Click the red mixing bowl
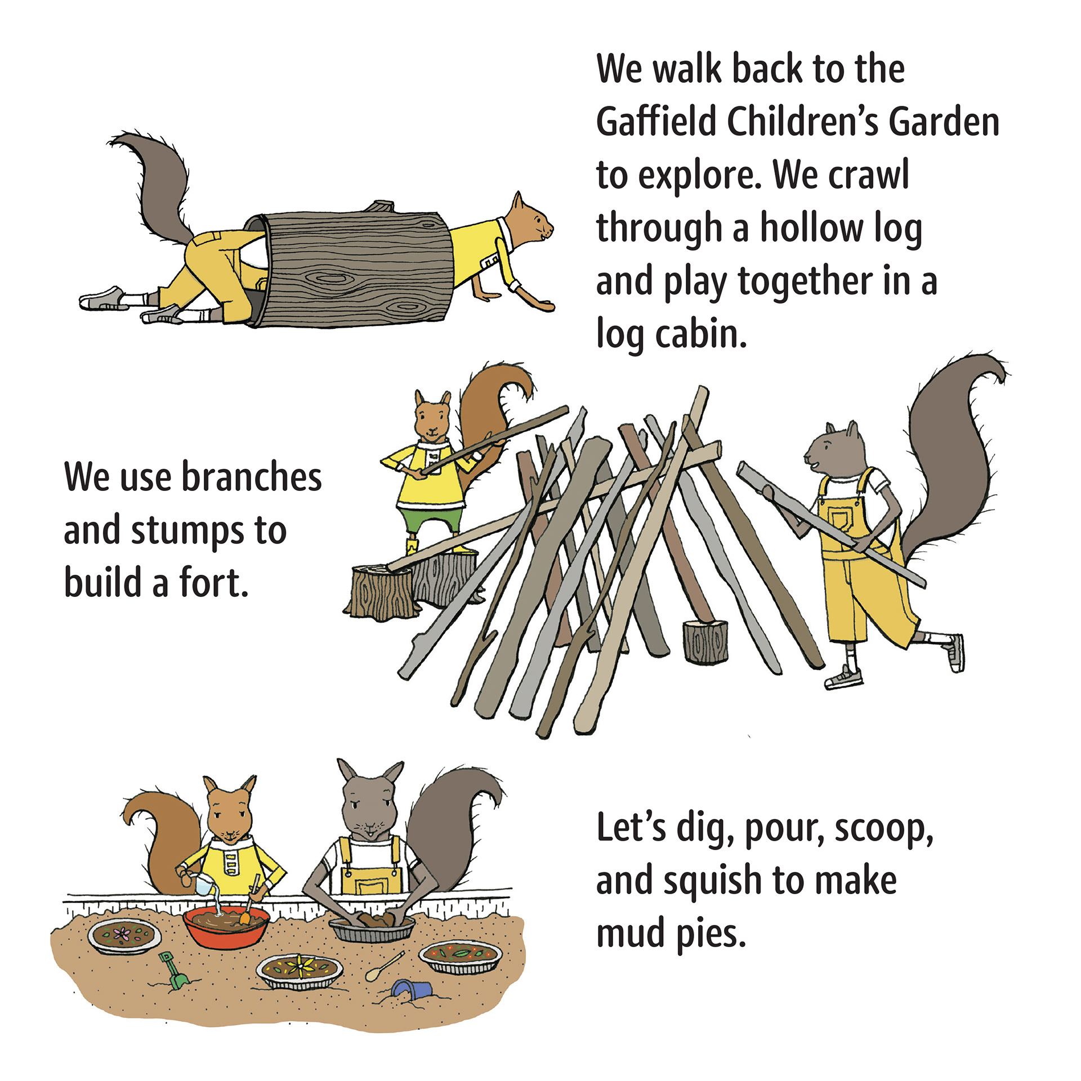pos(226,927)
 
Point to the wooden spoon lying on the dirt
pos(385,967)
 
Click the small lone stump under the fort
pos(705,641)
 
